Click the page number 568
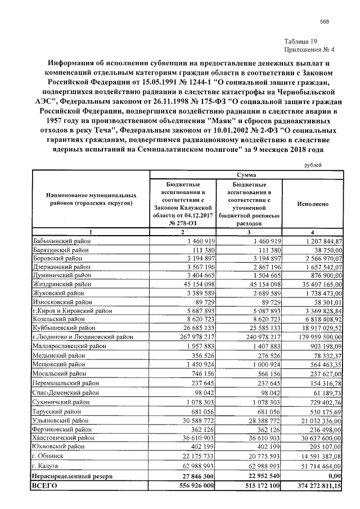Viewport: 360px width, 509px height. (324, 22)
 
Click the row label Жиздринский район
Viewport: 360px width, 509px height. (60, 285)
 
